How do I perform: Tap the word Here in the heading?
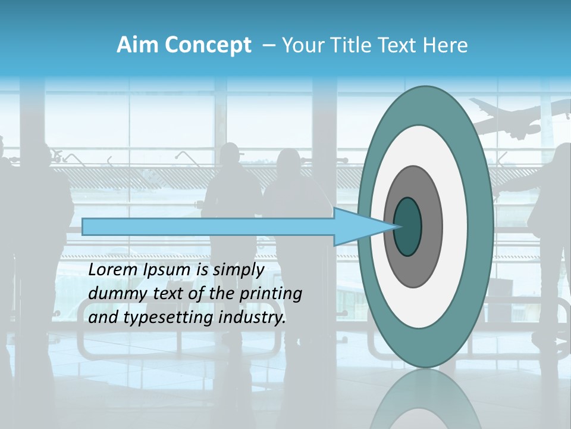445,45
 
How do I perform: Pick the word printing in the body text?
270,293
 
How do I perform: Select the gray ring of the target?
431,226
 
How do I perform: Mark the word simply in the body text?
241,269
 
